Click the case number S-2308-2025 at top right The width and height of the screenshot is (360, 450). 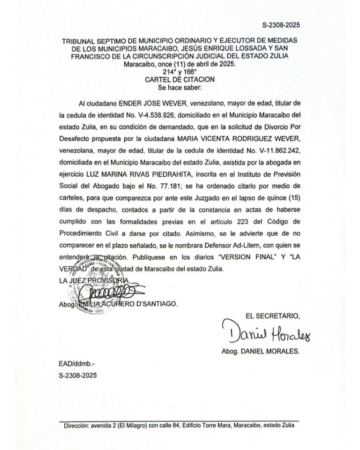pos(280,25)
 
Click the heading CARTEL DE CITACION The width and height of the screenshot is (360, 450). pos(180,79)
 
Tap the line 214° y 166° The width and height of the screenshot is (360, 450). pos(180,72)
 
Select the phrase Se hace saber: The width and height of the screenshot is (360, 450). pos(180,87)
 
